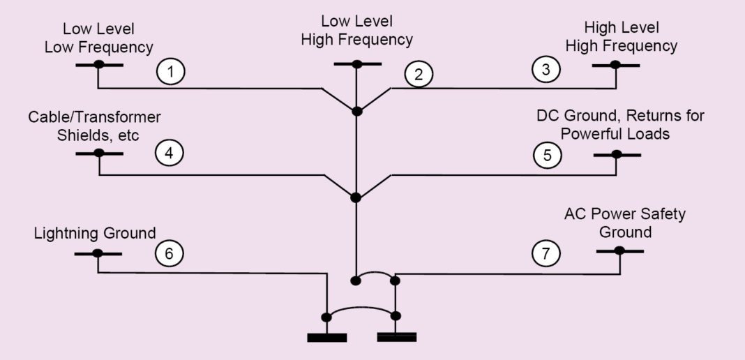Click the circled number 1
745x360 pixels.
[x=170, y=72]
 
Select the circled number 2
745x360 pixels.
[x=418, y=75]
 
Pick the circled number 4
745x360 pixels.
[x=170, y=153]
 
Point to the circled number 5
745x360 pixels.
[x=546, y=155]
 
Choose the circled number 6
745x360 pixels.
[x=169, y=254]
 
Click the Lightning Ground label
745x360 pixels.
[x=95, y=232]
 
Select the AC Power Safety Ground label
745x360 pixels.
[x=624, y=223]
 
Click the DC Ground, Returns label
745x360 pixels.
[x=619, y=124]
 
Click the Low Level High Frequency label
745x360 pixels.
[x=356, y=31]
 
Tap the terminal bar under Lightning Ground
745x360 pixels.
[x=98, y=253]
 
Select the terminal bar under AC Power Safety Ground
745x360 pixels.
[x=619, y=251]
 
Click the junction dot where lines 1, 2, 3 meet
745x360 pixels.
[x=356, y=112]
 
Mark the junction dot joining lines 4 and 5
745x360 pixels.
[x=356, y=197]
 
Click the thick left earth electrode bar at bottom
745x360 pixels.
[x=326, y=338]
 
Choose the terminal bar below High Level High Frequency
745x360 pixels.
[x=616, y=66]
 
